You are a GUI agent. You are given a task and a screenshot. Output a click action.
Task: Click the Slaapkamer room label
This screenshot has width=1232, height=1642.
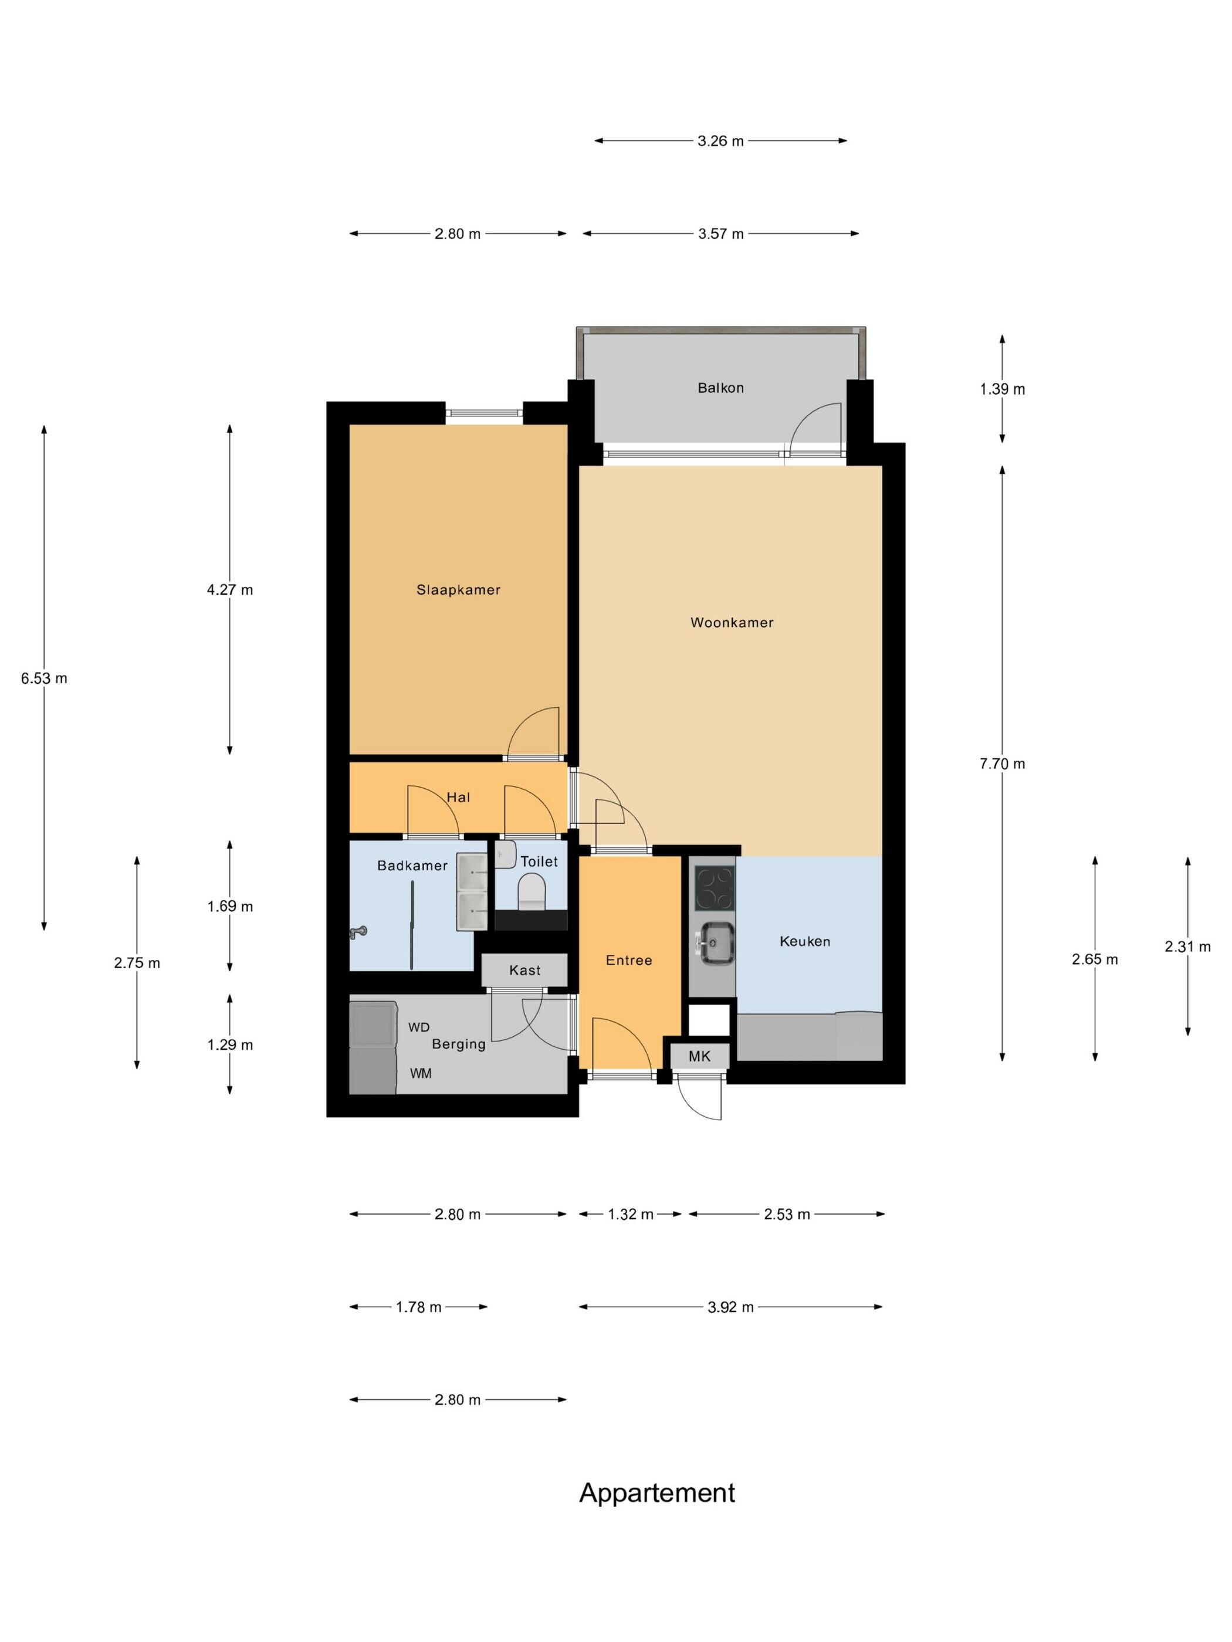point(458,589)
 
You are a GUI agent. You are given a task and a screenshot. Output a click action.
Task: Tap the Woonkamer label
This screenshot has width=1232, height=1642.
point(732,622)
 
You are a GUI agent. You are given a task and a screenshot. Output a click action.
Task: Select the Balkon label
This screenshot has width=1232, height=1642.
point(720,388)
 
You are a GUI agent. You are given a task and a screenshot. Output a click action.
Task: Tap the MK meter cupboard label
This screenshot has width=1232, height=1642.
point(699,1056)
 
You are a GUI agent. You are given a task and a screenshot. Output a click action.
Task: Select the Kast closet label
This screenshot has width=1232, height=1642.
point(524,970)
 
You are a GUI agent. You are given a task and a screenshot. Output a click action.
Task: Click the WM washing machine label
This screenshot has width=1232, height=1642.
point(420,1073)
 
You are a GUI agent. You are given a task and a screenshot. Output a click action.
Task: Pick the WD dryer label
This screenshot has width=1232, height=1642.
point(419,1027)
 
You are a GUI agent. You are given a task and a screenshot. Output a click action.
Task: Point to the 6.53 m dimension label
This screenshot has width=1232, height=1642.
point(44,678)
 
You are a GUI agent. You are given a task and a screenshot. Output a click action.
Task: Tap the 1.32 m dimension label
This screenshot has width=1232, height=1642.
point(631,1214)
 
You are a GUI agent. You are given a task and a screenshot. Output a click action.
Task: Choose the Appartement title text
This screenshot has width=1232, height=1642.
point(656,1493)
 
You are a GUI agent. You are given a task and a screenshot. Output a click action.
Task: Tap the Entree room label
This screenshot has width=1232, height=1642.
point(628,960)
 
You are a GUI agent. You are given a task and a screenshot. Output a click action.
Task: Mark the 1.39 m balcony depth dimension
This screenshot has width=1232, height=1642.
point(1002,389)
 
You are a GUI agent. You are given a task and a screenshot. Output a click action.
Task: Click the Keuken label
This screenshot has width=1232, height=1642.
point(804,941)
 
